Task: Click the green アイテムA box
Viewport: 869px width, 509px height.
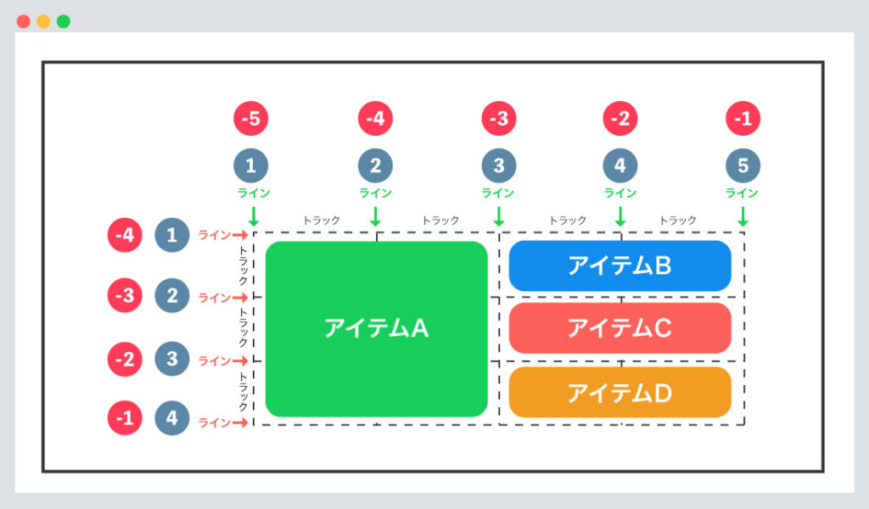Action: click(376, 328)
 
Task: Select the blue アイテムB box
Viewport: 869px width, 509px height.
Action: click(620, 266)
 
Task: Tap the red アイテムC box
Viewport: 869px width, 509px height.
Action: click(620, 327)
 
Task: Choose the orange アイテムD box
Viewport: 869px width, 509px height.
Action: click(620, 392)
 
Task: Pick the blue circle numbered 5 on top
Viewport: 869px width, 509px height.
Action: click(743, 166)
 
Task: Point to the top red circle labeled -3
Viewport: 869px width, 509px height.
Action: click(498, 119)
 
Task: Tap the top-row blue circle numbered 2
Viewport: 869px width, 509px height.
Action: click(375, 166)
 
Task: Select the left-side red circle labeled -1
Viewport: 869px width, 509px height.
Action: click(125, 418)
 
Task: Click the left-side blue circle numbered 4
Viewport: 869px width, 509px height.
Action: click(172, 418)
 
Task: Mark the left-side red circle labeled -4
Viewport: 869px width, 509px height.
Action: click(125, 235)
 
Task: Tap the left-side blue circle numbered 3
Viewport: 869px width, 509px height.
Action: click(172, 359)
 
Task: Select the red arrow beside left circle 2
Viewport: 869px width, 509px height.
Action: click(240, 298)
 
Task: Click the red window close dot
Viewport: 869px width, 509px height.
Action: click(23, 21)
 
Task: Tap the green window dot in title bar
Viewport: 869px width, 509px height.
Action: click(64, 21)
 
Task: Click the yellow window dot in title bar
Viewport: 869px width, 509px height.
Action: click(43, 21)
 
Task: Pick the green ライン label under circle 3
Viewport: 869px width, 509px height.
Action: click(498, 193)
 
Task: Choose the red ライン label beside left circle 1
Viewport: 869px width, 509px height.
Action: click(213, 235)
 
